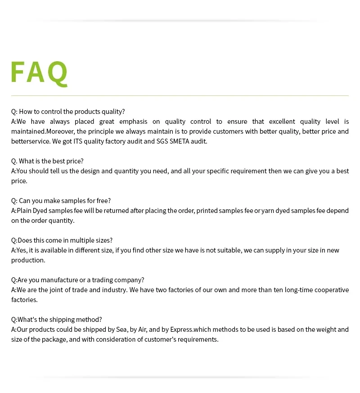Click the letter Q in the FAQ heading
[x=58, y=72]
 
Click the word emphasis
[x=133, y=122]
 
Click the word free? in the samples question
[x=103, y=201]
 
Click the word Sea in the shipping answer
[x=121, y=330]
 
